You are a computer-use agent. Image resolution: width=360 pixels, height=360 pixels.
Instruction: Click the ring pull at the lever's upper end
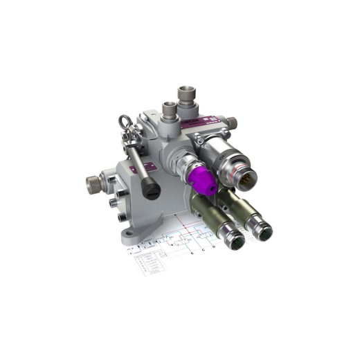[x=124, y=125]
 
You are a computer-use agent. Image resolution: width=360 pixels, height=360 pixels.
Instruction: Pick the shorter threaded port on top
[x=169, y=111]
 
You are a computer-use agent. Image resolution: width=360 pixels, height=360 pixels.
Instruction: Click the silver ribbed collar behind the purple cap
[x=185, y=170]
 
